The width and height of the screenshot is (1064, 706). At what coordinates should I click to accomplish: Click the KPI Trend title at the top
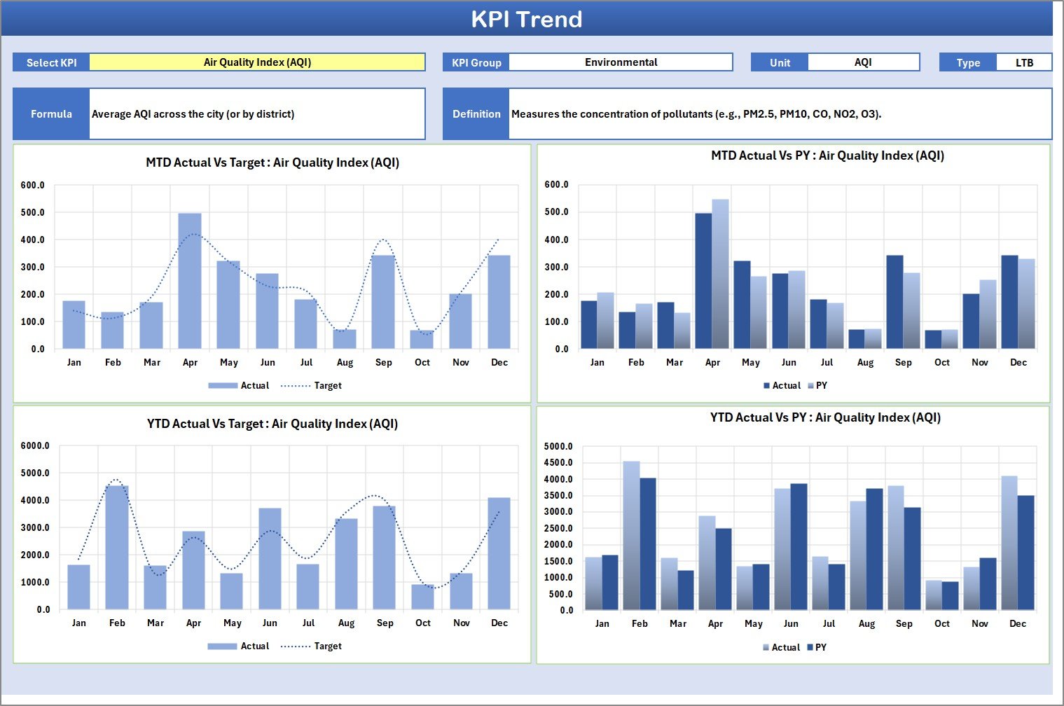(526, 19)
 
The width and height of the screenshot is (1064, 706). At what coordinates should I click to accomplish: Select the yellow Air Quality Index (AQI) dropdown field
(257, 62)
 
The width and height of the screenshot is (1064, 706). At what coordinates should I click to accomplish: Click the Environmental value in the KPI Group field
(621, 62)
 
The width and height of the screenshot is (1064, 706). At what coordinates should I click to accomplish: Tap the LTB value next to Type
(1023, 63)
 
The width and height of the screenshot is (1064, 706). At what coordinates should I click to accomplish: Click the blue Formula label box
(51, 114)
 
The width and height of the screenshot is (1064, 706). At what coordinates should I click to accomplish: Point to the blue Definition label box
(476, 114)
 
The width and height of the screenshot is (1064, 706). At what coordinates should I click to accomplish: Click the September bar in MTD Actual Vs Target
(383, 302)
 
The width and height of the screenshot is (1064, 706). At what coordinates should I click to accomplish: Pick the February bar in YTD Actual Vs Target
(117, 547)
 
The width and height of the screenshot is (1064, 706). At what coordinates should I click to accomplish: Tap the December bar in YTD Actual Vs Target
(499, 553)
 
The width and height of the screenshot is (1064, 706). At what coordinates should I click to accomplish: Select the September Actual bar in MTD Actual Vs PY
(894, 302)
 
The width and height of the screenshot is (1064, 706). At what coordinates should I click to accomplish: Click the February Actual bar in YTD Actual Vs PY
(631, 536)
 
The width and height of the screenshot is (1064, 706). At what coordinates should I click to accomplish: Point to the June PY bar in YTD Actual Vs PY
(799, 547)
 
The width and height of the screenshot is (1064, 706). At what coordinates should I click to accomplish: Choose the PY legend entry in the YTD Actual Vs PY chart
(817, 648)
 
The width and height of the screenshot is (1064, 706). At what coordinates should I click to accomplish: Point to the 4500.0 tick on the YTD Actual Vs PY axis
(558, 463)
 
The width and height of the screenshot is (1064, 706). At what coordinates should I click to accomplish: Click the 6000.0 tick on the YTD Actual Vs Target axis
(35, 446)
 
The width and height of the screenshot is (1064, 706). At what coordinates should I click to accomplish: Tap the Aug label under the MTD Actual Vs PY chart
(865, 363)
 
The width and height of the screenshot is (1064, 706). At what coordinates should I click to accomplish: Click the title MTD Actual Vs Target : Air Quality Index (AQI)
(272, 162)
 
